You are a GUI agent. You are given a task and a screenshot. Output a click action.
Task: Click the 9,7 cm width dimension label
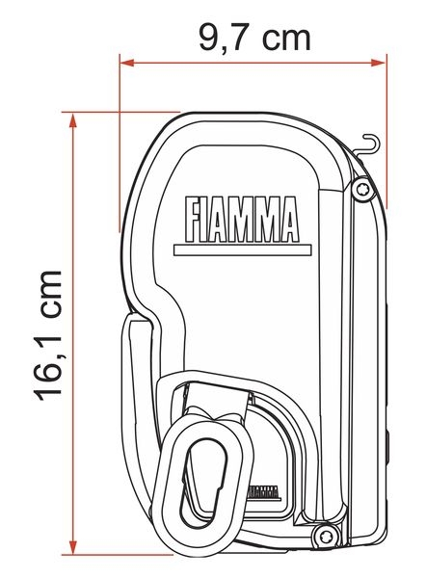pos(254,39)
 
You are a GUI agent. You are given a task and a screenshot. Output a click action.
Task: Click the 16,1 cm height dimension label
pos(49,336)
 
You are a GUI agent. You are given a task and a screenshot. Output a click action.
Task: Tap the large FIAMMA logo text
pos(242,219)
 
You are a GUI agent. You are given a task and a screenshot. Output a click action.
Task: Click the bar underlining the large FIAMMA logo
pos(242,250)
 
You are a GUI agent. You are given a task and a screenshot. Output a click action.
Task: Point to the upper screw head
pos(361,190)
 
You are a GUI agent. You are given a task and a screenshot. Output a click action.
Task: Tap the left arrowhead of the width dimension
pos(127,63)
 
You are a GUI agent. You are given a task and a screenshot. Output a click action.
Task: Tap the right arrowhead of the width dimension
pos(379,63)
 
